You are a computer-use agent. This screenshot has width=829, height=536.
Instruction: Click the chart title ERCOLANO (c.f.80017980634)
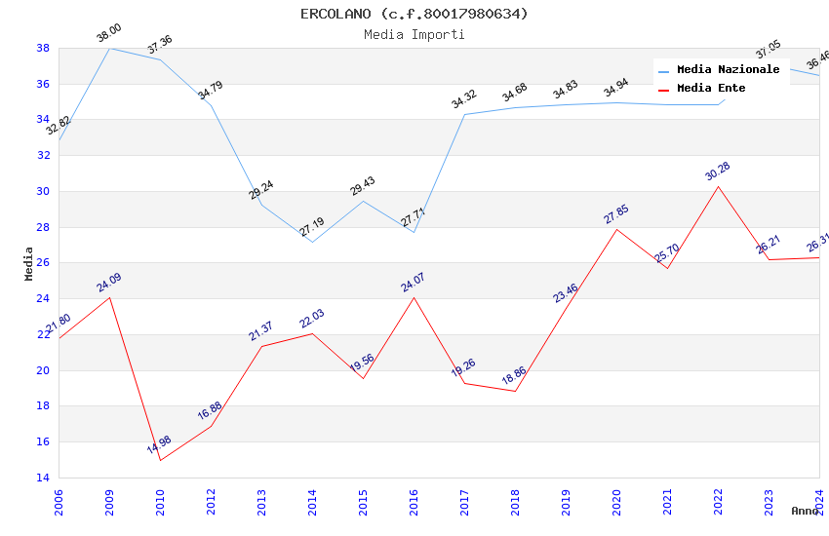(x=414, y=14)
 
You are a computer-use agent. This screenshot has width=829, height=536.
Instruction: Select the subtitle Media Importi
(x=414, y=35)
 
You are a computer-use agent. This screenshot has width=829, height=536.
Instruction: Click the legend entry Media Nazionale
(x=728, y=70)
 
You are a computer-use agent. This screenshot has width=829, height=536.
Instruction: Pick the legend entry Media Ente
(x=711, y=89)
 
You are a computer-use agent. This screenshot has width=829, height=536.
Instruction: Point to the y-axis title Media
(x=29, y=263)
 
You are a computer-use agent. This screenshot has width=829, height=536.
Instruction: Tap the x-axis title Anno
(x=805, y=511)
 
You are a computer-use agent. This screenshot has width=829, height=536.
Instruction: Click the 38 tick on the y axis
(x=43, y=48)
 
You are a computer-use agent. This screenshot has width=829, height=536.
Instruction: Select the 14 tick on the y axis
(x=43, y=478)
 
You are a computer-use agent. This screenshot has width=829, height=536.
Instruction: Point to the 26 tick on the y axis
(x=43, y=263)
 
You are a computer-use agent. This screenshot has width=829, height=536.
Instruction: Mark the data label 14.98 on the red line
(x=160, y=445)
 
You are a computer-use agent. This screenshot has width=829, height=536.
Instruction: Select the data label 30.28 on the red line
(x=718, y=172)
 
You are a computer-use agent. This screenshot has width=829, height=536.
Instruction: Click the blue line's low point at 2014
(x=313, y=242)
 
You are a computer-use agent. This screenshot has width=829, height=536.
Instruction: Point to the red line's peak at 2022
(x=719, y=186)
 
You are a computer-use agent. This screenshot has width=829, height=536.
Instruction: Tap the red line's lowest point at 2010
(x=160, y=460)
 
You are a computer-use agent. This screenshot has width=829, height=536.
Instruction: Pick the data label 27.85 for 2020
(x=616, y=214)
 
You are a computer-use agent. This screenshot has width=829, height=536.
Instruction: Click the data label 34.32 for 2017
(x=464, y=99)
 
